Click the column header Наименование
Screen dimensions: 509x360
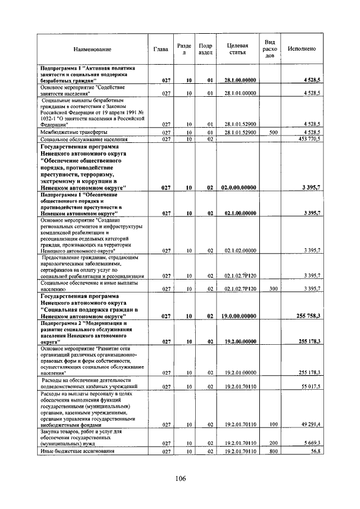point(92,49)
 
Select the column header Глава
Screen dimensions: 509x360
point(161,49)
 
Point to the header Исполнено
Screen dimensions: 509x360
point(301,49)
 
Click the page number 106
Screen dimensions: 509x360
point(180,479)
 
